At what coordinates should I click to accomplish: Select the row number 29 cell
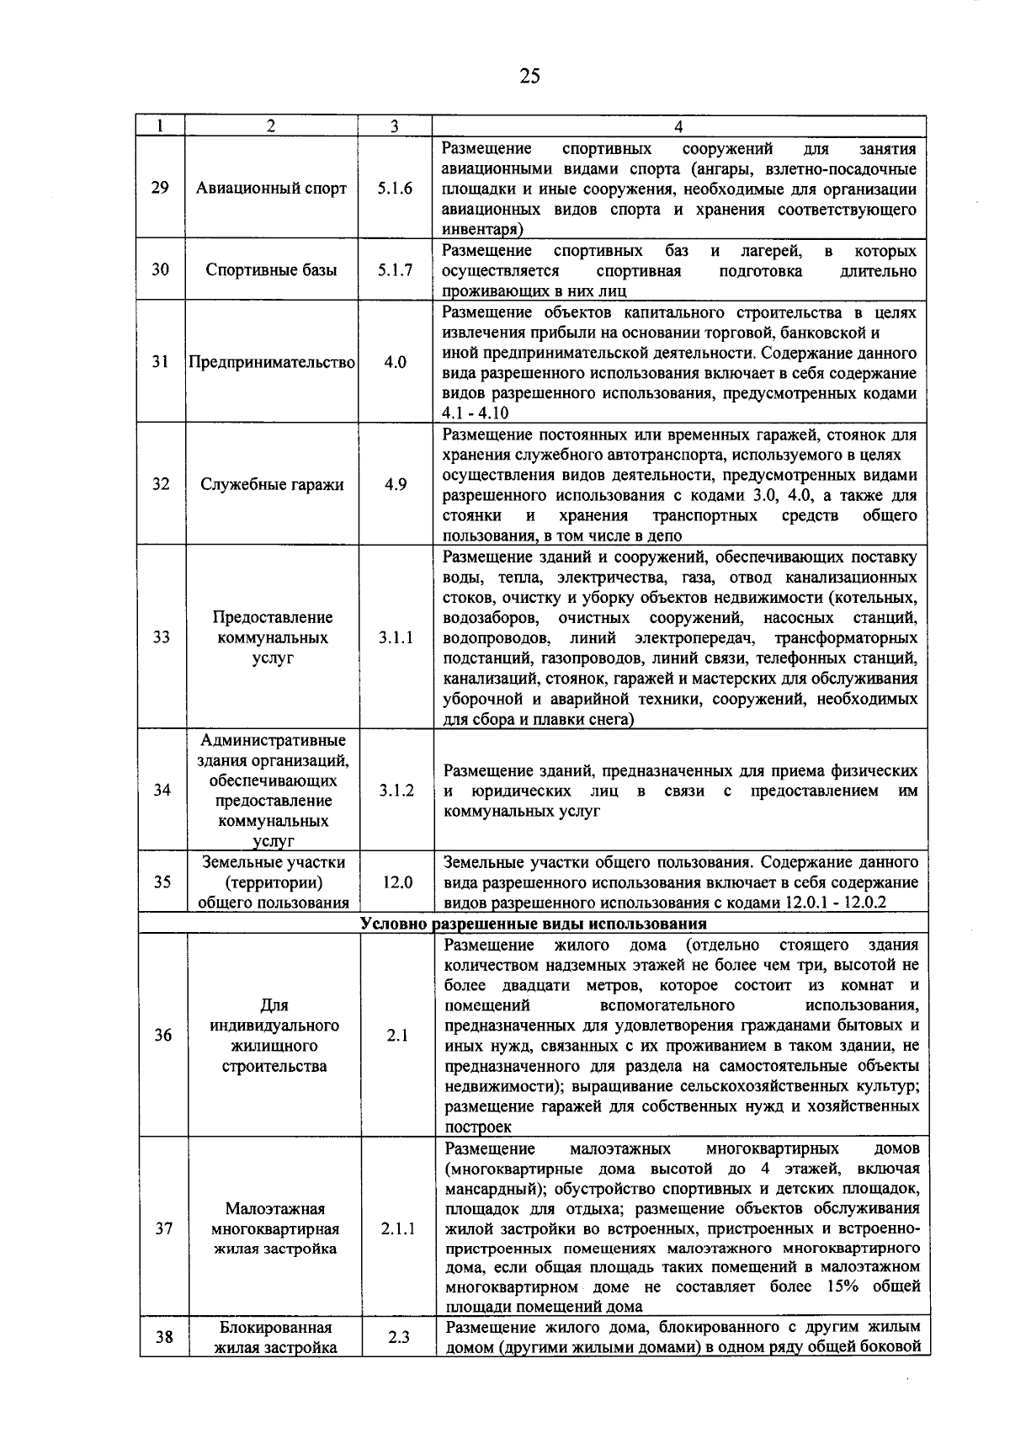coord(161,188)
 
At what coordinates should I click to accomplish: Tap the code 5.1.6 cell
coord(395,188)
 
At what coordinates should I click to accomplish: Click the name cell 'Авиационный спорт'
coord(271,188)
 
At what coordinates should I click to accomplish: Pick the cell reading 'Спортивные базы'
coord(271,270)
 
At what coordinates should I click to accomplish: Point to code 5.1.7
coord(395,270)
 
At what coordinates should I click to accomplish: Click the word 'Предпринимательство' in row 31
coord(271,363)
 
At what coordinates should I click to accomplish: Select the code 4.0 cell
coord(395,363)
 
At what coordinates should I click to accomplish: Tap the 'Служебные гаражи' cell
coord(271,485)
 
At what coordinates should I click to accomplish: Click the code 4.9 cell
coord(395,485)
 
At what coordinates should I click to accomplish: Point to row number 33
coord(161,637)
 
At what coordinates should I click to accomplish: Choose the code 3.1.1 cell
coord(395,637)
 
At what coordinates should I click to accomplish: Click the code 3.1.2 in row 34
coord(396,791)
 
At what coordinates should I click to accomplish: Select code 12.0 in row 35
coord(396,882)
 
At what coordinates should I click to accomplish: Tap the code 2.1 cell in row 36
coord(396,1036)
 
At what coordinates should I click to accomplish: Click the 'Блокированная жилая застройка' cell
coord(274,1337)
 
